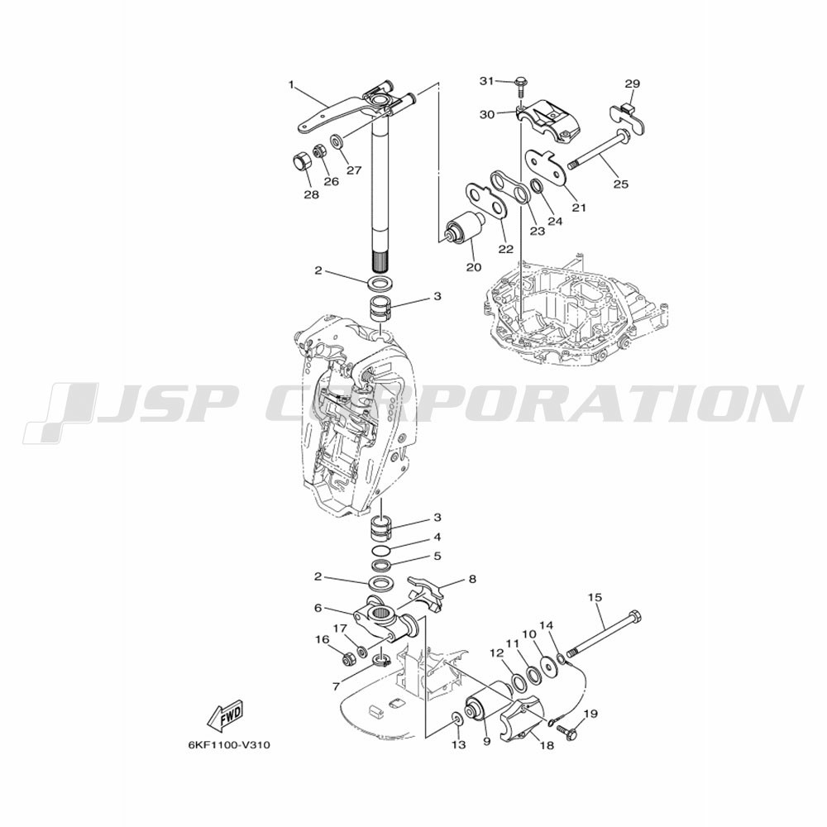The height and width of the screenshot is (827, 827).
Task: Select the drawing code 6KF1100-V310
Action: click(x=229, y=745)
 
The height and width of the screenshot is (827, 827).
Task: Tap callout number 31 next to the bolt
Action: click(x=487, y=81)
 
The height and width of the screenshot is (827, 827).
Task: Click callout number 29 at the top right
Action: click(x=633, y=84)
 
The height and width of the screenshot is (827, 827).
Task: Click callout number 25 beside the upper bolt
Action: click(x=621, y=184)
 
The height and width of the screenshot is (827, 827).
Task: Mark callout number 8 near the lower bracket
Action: click(x=472, y=579)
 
